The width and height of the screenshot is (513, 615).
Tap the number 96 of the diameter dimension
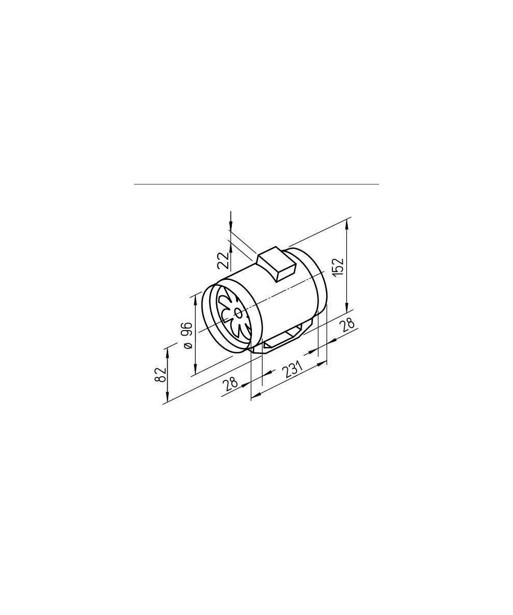click(188, 330)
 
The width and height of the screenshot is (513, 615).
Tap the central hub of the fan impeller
click(238, 313)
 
